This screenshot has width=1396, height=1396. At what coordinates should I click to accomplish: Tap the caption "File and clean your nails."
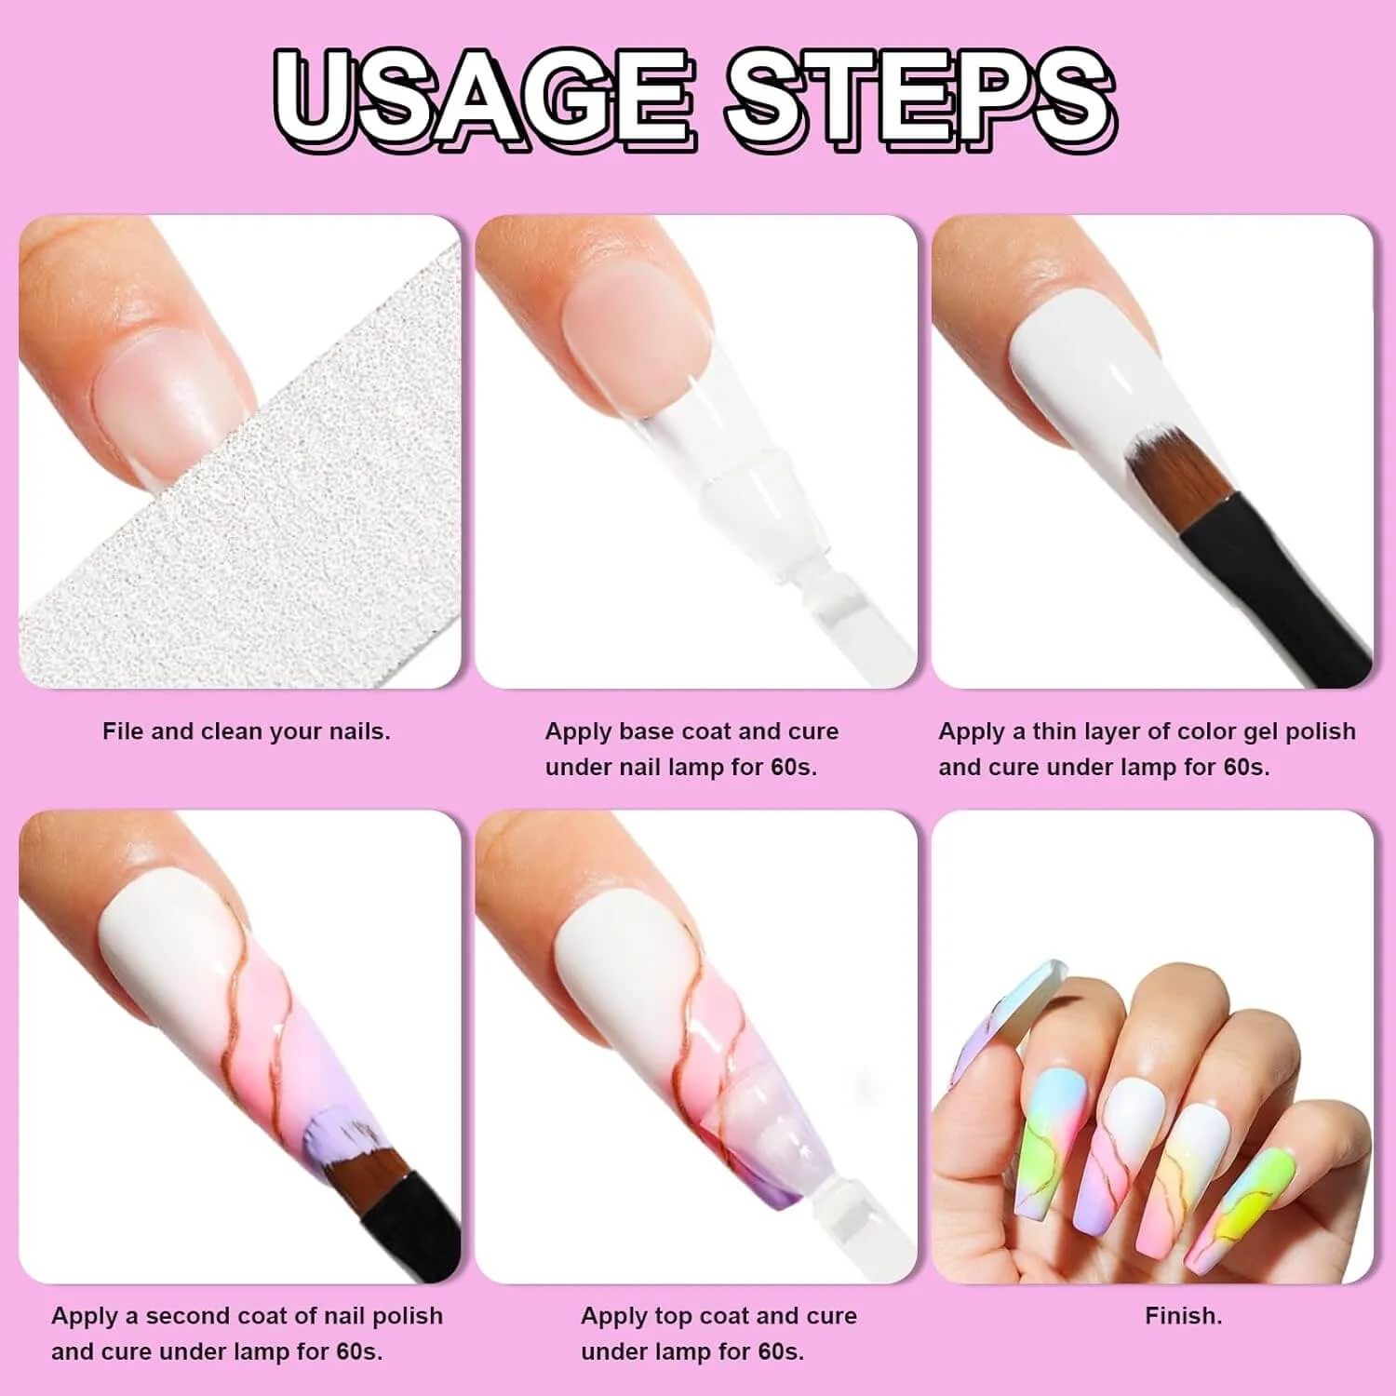[x=246, y=732]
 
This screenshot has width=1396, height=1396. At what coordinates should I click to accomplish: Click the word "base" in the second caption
[x=651, y=732]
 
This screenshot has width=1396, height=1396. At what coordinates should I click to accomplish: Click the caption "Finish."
[x=1183, y=1316]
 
